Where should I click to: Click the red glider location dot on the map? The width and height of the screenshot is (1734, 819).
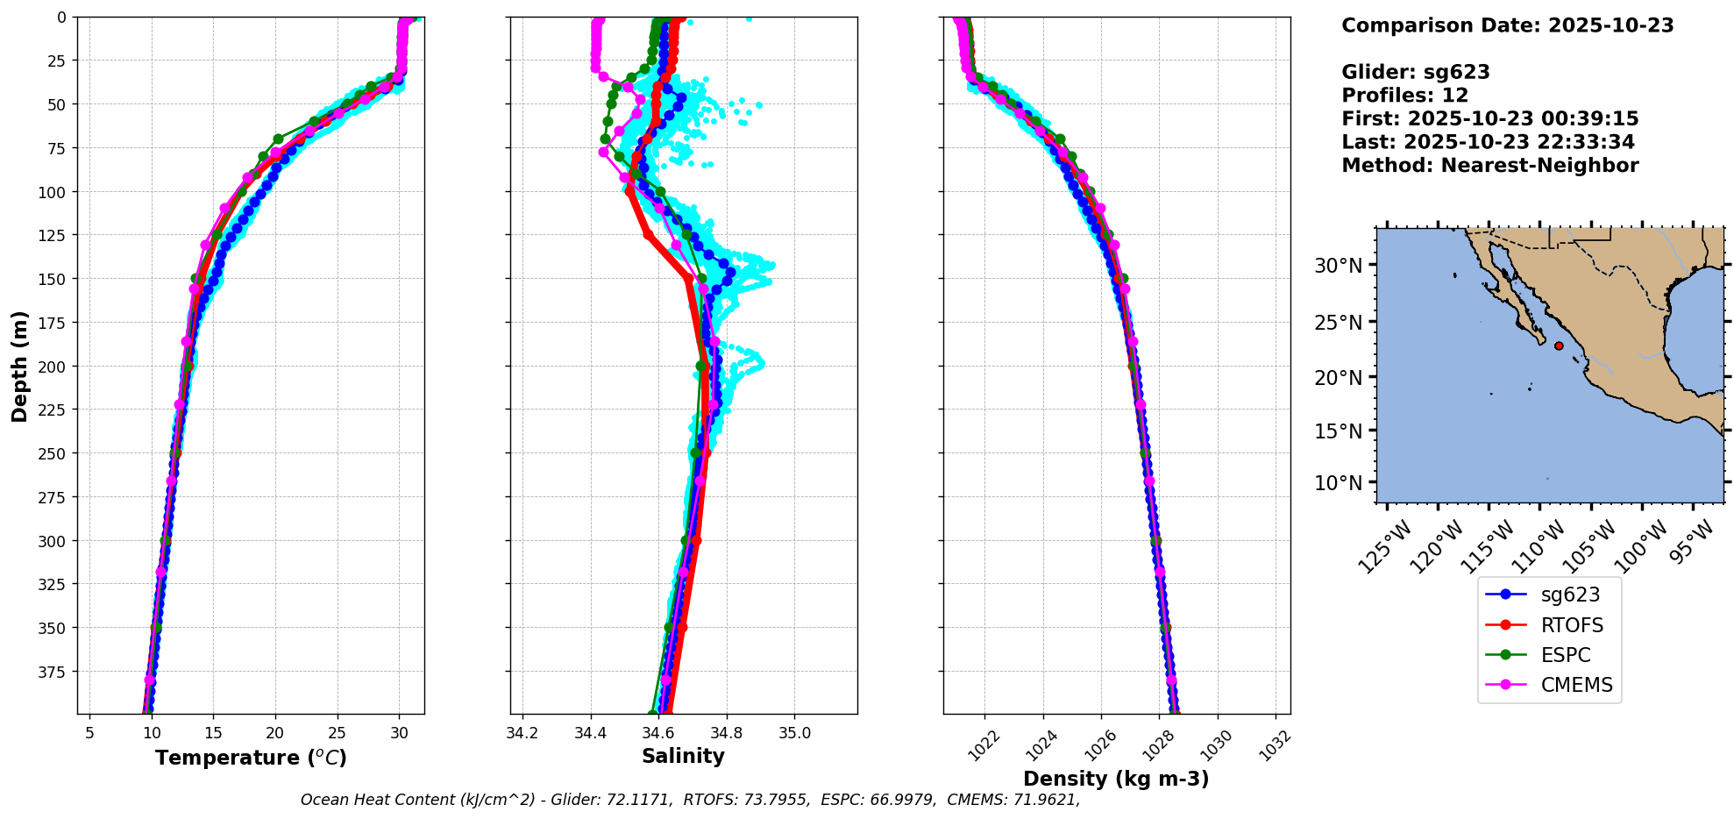coord(1559,345)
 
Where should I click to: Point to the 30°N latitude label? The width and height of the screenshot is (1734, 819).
coord(1338,266)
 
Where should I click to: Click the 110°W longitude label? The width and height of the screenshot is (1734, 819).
coord(1542,545)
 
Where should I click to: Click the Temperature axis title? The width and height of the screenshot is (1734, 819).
coord(251,758)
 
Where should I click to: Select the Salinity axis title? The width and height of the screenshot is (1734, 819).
coord(683,756)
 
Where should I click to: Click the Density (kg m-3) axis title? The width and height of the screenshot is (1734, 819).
coord(1116,779)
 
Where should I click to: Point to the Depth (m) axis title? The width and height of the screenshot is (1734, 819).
coord(19,366)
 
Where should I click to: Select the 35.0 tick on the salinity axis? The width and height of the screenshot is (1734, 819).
coord(794,733)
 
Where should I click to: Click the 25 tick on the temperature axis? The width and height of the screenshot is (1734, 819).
coord(338,733)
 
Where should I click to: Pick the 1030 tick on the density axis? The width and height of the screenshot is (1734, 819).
coord(1215,744)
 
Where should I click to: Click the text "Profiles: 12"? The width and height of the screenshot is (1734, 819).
coord(1404,96)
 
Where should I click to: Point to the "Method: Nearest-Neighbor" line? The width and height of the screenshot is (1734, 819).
coord(1489,166)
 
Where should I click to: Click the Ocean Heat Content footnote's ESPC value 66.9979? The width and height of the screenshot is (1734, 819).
coord(900,800)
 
